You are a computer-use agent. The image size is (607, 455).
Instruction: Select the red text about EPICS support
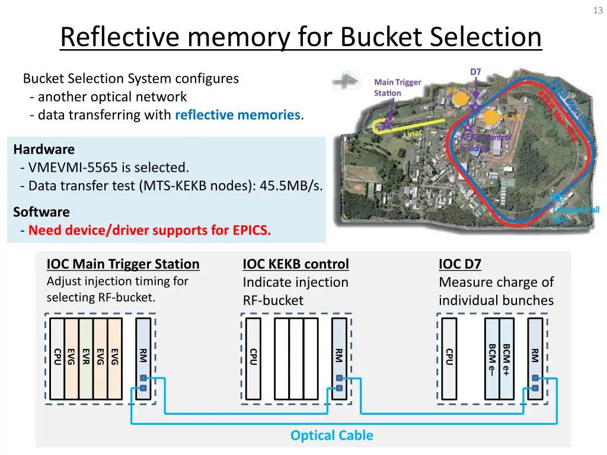coord(149,230)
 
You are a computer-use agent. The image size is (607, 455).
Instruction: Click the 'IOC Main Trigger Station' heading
coord(123,264)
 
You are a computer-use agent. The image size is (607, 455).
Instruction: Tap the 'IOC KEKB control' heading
coord(296,264)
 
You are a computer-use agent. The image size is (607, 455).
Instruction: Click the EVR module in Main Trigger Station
coord(85,358)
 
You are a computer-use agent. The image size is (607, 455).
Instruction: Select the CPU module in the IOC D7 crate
coord(449,358)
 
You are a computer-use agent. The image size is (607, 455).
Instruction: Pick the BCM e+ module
coord(506,358)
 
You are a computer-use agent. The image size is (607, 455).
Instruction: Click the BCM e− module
coord(492,358)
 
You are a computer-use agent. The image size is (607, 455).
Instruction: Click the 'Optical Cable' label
coord(331,435)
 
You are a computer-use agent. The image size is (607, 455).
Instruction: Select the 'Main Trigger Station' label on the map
coord(397,88)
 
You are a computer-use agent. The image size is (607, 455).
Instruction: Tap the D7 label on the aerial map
coord(475,72)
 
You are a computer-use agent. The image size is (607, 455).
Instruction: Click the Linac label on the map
coord(413,133)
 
